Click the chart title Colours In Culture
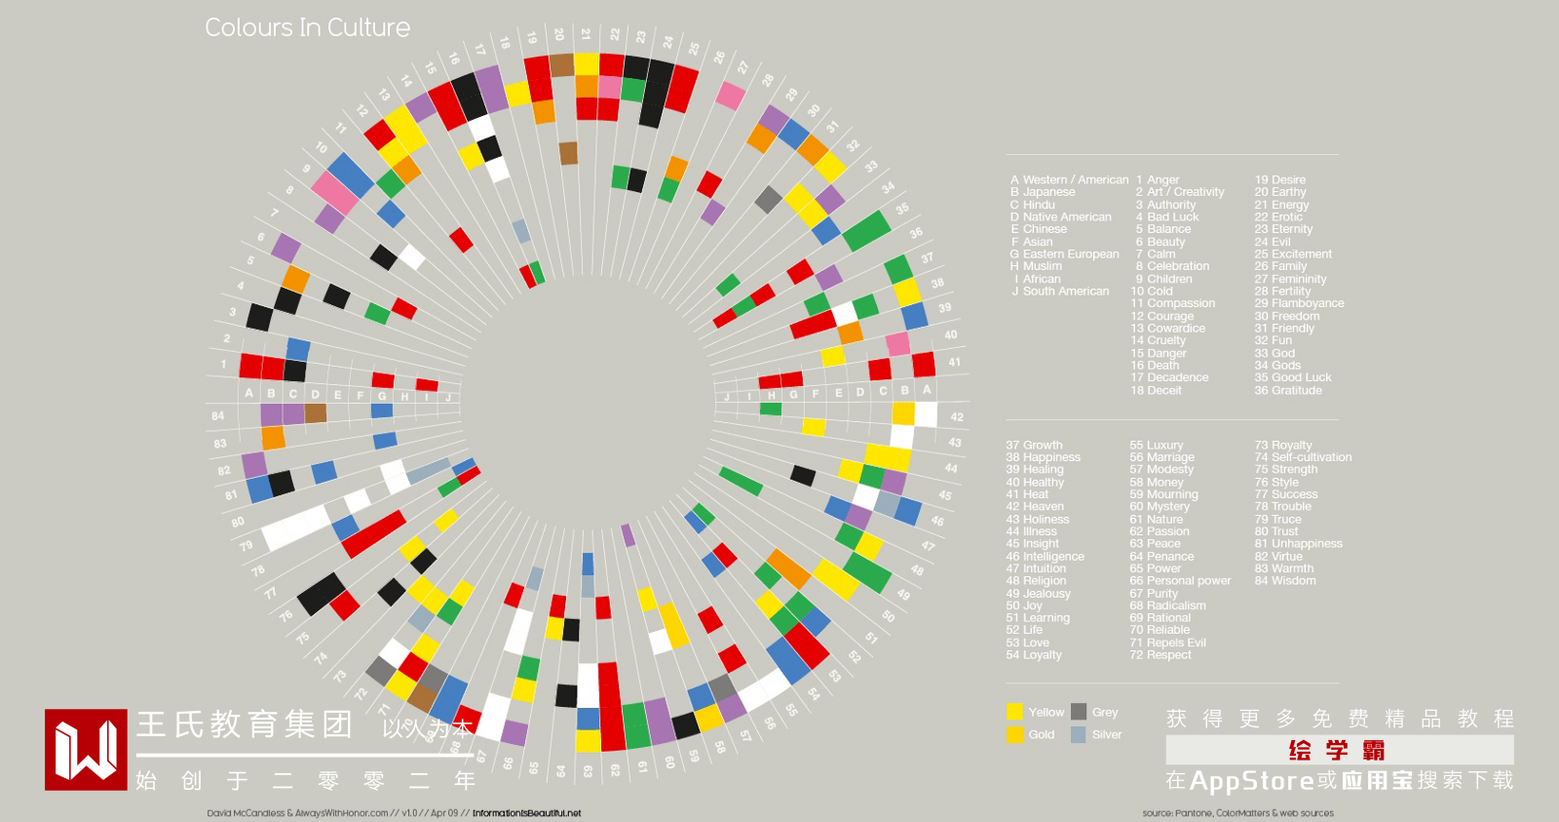[307, 27]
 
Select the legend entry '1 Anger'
[1158, 179]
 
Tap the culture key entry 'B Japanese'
[1043, 192]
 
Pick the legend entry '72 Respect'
[1160, 655]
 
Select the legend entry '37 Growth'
[1034, 445]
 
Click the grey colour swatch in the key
[1079, 712]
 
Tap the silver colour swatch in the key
[1079, 734]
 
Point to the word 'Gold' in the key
[1041, 734]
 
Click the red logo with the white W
[86, 749]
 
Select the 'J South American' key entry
[1060, 292]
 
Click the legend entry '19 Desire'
[1279, 179]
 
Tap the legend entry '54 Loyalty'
[1034, 655]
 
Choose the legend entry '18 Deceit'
[1156, 390]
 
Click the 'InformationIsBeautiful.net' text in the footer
[526, 813]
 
